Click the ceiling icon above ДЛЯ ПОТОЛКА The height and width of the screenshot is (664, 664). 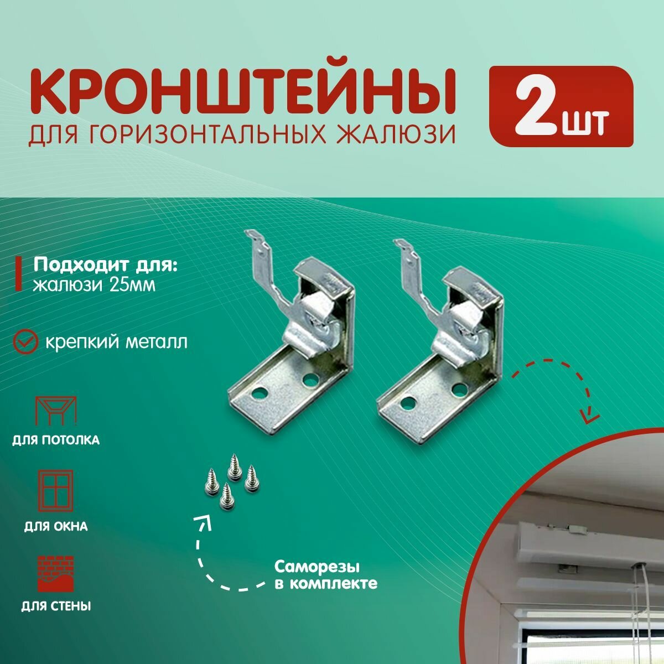pos(55,411)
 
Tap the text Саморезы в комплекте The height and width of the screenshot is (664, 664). pos(325,575)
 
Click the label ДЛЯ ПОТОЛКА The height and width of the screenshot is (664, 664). pos(55,441)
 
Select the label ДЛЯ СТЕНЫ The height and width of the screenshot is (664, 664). pos(55,606)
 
